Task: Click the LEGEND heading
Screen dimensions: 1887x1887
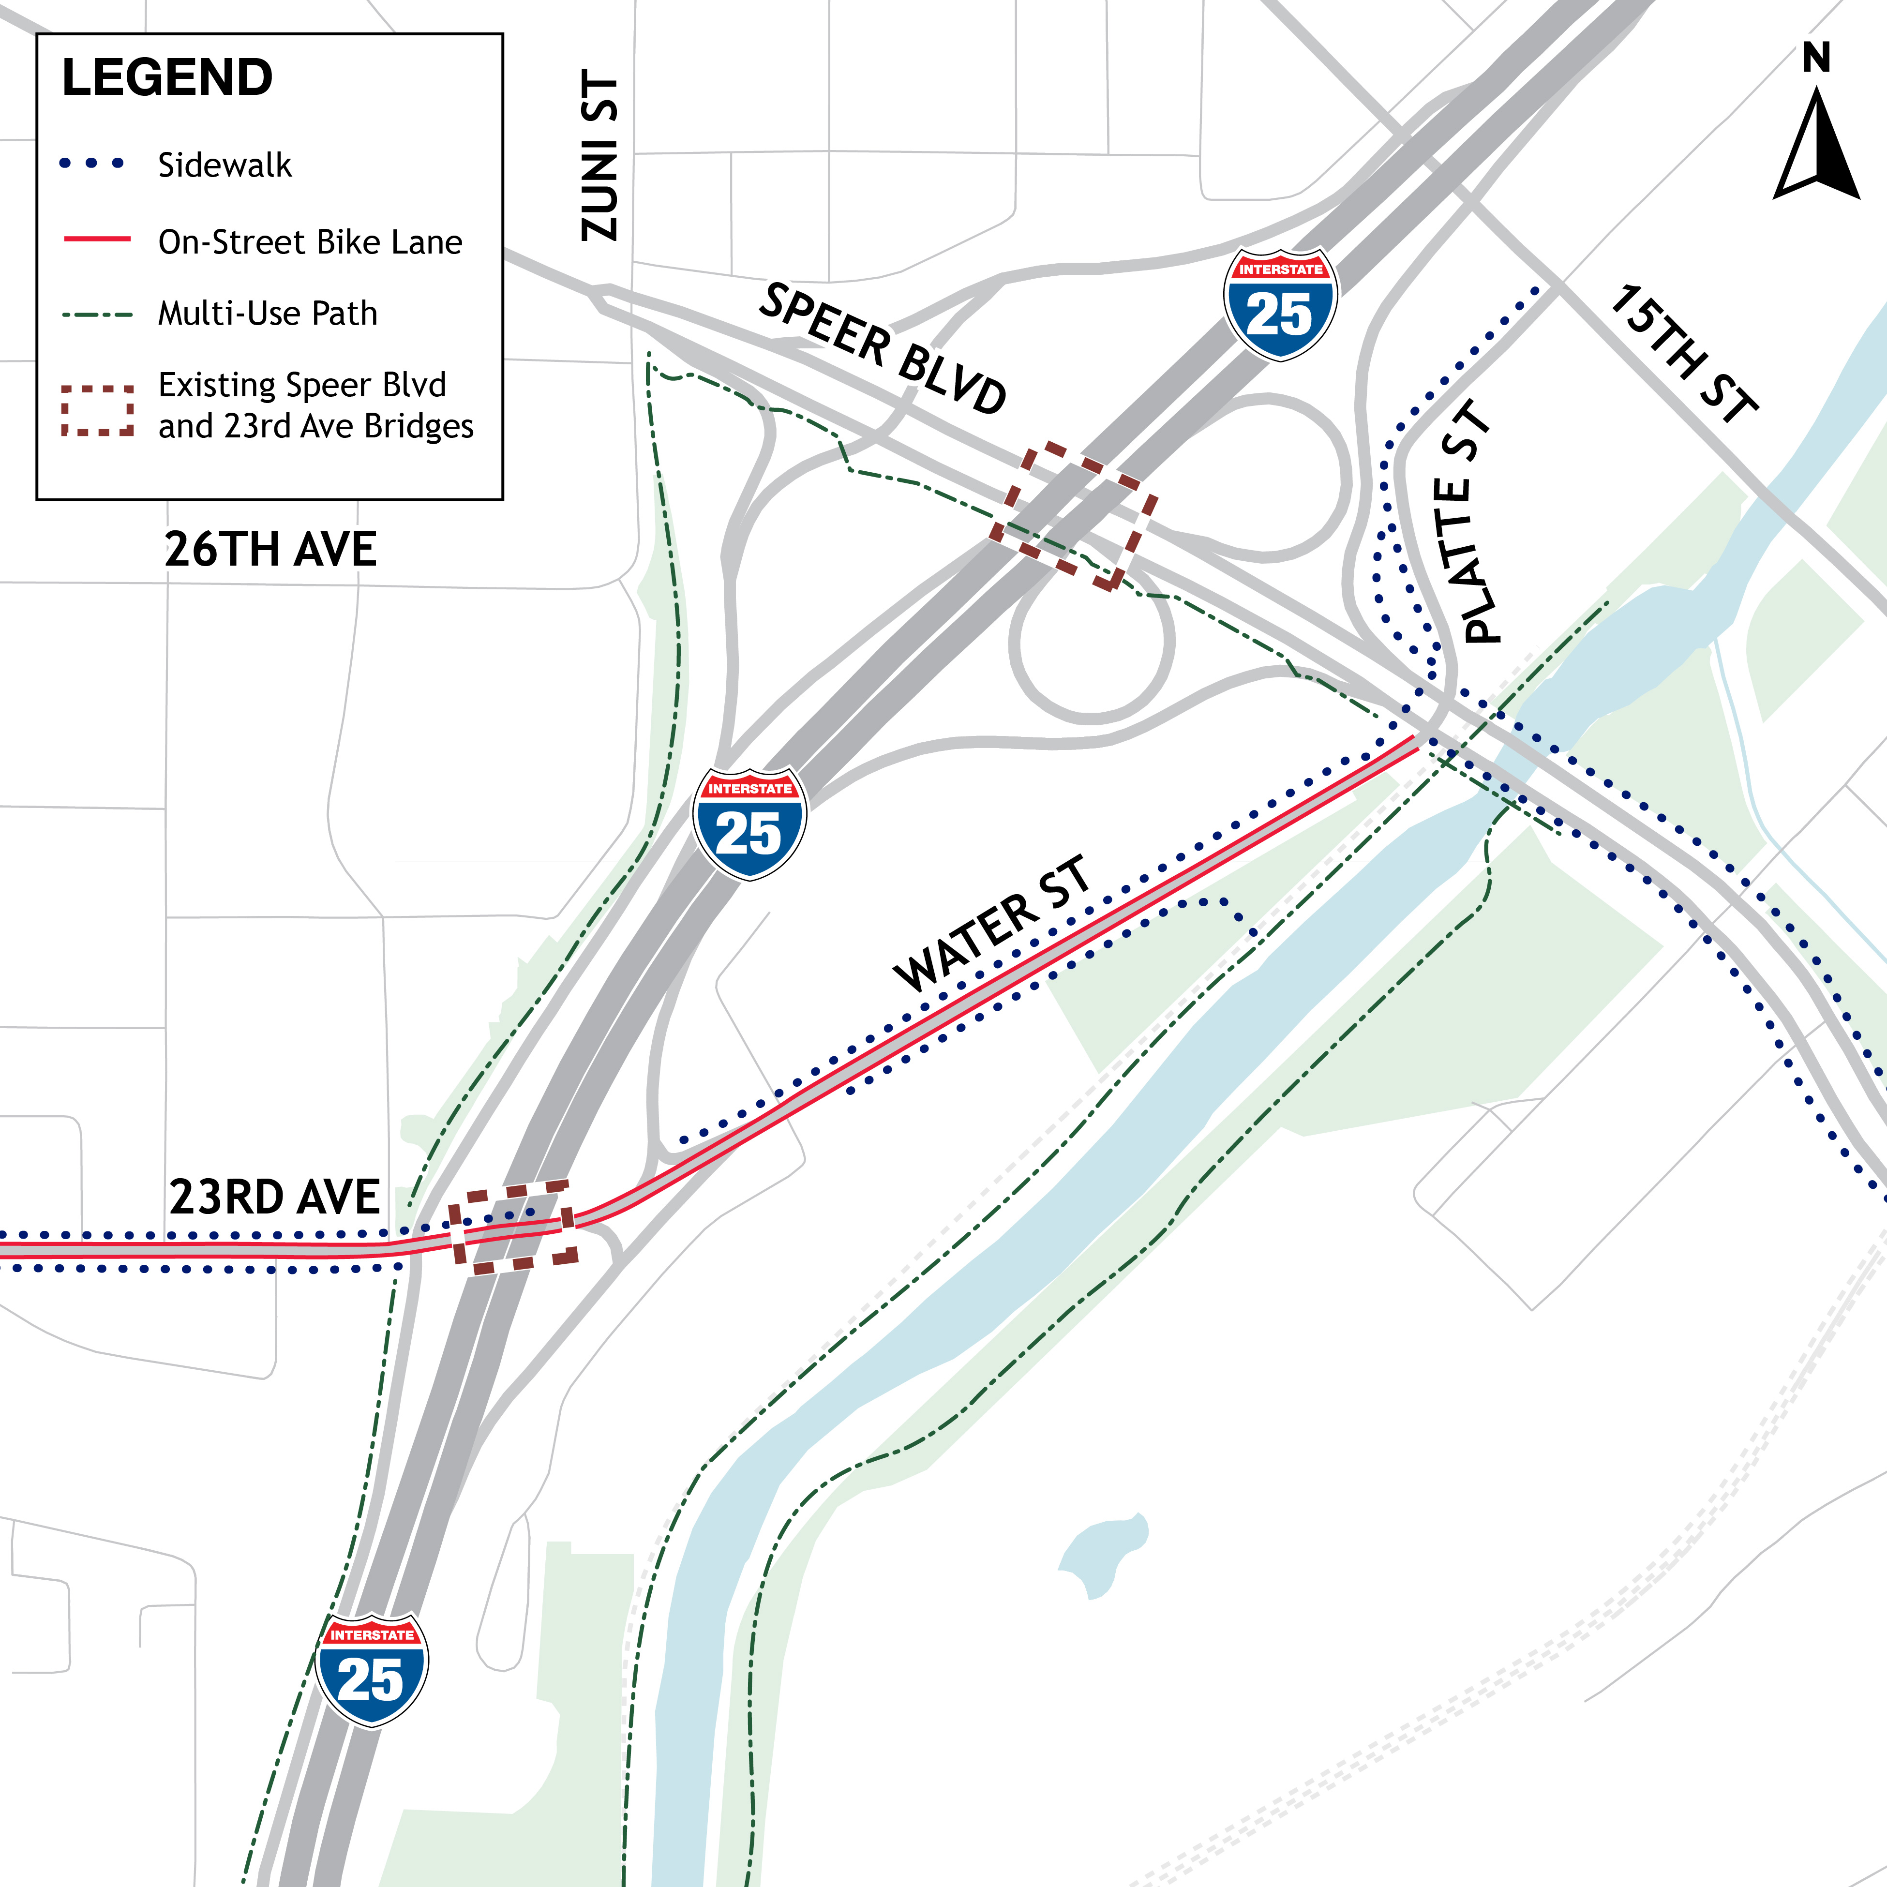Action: (167, 78)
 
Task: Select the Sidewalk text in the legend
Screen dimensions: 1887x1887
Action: (225, 165)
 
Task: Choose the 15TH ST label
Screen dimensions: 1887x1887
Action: (1682, 354)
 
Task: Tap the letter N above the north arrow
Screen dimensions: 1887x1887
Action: (1816, 59)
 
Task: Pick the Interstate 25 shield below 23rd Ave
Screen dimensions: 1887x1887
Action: (372, 1670)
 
